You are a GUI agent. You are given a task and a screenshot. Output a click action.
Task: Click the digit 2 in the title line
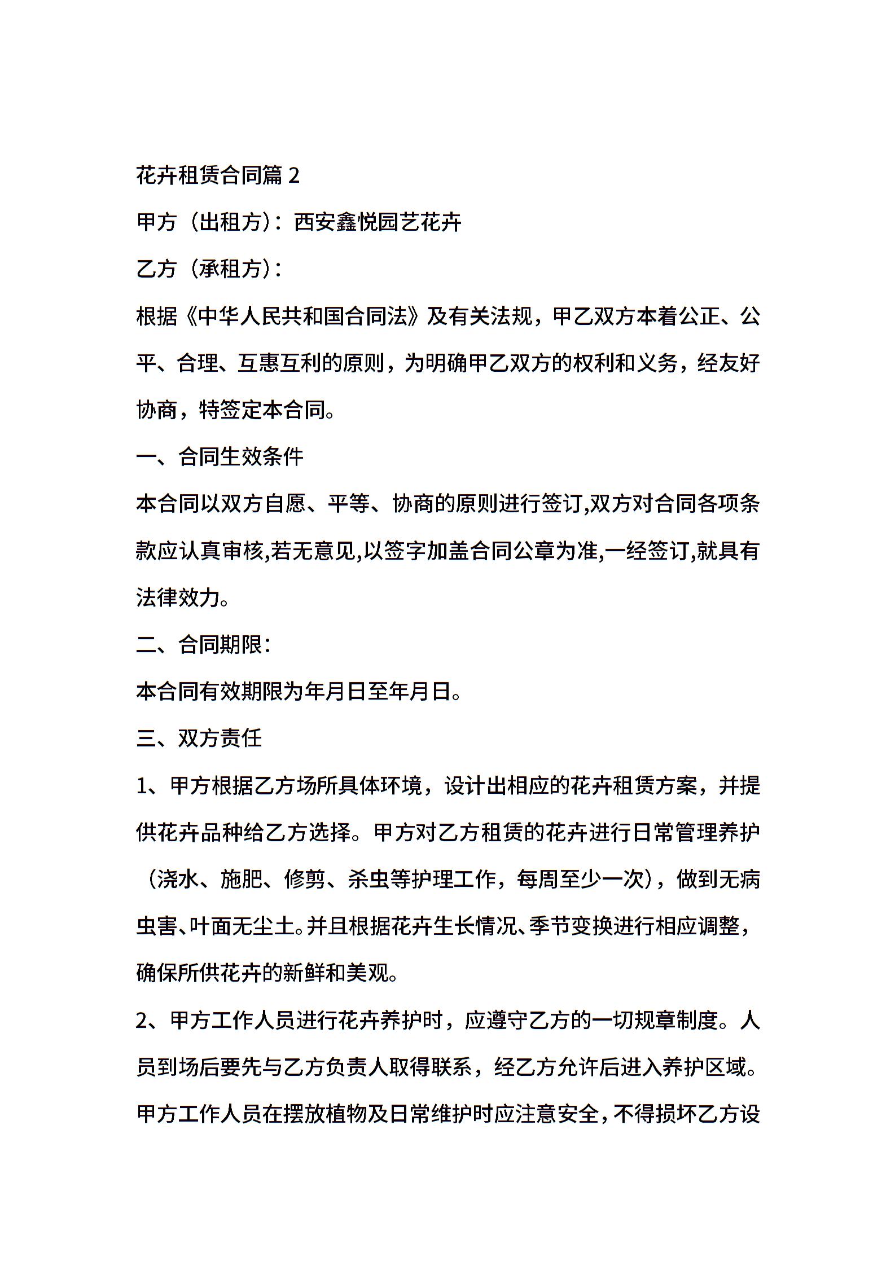[293, 176]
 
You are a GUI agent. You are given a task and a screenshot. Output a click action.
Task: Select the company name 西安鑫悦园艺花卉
[378, 222]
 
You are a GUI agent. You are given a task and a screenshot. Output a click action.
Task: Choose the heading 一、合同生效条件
[220, 457]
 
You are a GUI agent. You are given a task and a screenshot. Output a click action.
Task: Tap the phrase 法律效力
[178, 598]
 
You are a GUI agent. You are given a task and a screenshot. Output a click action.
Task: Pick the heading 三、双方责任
[199, 738]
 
